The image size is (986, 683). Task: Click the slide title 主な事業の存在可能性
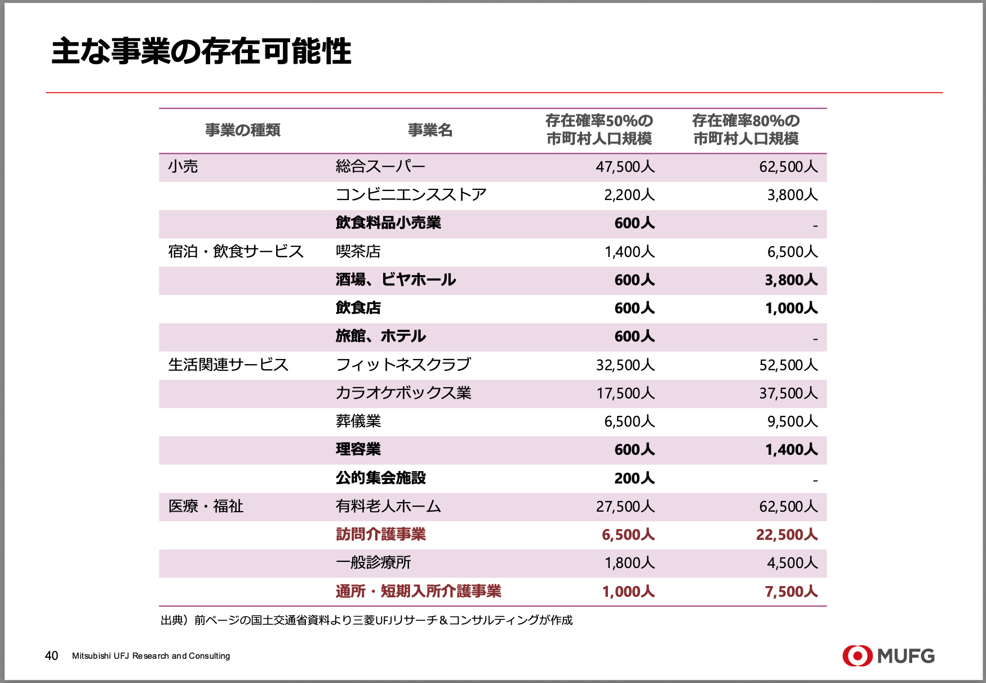[201, 52]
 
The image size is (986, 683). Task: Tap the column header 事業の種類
[243, 130]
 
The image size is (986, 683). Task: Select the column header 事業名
[430, 130]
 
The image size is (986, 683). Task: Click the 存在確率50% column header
[599, 130]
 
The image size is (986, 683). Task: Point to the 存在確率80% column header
[746, 130]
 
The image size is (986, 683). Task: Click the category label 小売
[183, 167]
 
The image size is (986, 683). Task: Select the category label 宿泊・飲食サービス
[236, 251]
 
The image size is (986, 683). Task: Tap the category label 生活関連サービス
[228, 365]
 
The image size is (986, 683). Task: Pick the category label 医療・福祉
[206, 506]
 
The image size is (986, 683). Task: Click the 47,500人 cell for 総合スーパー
[625, 167]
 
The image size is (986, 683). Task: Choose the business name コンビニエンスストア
[411, 195]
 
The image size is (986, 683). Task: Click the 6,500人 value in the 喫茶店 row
[792, 252]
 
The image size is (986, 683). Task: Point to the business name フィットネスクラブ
[403, 365]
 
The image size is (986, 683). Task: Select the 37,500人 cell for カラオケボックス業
[788, 393]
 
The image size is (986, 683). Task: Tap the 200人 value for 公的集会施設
[634, 478]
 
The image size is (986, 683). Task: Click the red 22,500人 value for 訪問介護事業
[787, 535]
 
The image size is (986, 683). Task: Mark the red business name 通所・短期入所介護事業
[418, 591]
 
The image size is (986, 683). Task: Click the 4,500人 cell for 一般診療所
[792, 563]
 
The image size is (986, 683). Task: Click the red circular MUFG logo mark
[857, 655]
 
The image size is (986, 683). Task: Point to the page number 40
[51, 656]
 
